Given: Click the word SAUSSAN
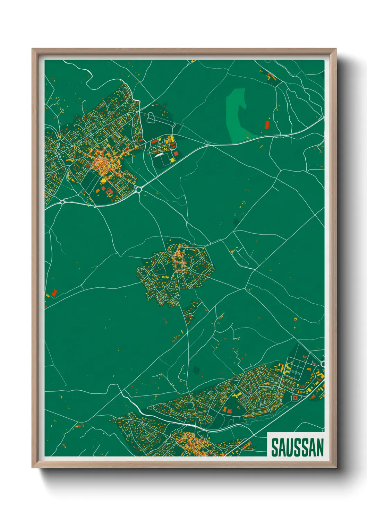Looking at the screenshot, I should (x=297, y=447).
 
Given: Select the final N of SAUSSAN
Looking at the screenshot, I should (x=319, y=447).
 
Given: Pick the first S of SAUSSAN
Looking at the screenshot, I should (x=274, y=447).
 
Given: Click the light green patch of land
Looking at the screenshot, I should (x=236, y=114).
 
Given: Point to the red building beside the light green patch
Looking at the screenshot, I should (x=267, y=124).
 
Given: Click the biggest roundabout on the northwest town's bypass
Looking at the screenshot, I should (x=139, y=189).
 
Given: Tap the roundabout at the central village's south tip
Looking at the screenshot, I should (x=178, y=297).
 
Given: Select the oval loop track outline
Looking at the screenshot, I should (x=151, y=118).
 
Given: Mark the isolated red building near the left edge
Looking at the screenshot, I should (x=54, y=293).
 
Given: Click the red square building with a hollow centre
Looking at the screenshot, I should (x=295, y=398).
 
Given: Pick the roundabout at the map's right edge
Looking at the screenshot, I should (x=323, y=364).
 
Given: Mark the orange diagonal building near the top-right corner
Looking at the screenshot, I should (x=271, y=77).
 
